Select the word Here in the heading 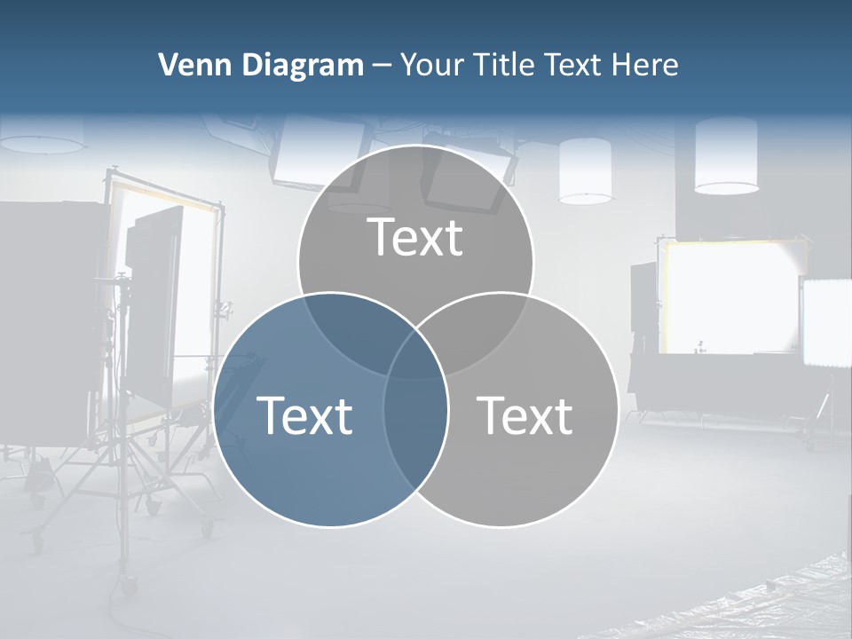pyautogui.click(x=647, y=65)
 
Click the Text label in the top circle pyautogui.click(x=415, y=237)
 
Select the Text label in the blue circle pyautogui.click(x=304, y=415)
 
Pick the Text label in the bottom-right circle pyautogui.click(x=525, y=415)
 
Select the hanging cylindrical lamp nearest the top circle pyautogui.click(x=586, y=170)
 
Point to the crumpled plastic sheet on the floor pyautogui.click(x=781, y=595)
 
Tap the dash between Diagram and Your pyautogui.click(x=383, y=66)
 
